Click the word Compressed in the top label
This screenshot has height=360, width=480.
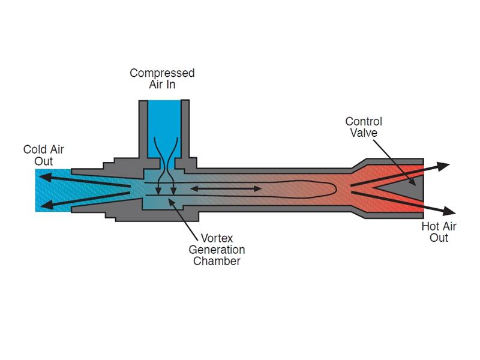[162, 73]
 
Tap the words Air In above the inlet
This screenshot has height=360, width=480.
[162, 85]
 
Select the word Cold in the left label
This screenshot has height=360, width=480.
[33, 149]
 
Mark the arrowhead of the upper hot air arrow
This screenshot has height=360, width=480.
[444, 165]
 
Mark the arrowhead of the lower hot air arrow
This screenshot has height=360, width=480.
[447, 210]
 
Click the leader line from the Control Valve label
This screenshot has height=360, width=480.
[393, 158]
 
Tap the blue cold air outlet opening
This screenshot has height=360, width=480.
[51, 190]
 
